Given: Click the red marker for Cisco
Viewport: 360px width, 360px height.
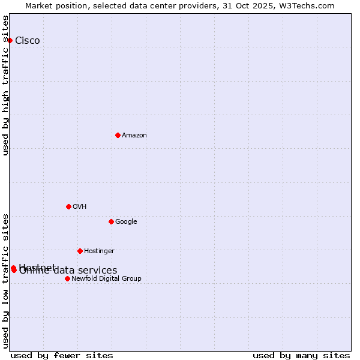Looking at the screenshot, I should pyautogui.click(x=10, y=40).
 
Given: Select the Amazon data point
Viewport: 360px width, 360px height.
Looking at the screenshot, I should pyautogui.click(x=118, y=135).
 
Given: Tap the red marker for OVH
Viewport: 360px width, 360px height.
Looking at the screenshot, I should pyautogui.click(x=68, y=206).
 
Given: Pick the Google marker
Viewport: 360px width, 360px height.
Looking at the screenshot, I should pyautogui.click(x=111, y=221).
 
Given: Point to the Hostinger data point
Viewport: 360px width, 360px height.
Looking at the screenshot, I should pyautogui.click(x=80, y=251).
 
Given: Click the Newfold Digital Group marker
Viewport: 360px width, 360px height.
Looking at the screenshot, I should pyautogui.click(x=67, y=278).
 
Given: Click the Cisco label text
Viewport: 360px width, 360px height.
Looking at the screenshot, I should pyautogui.click(x=28, y=41).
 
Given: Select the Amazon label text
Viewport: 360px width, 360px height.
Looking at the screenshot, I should pyautogui.click(x=134, y=136).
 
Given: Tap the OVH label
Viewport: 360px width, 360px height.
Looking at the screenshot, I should pyautogui.click(x=80, y=207).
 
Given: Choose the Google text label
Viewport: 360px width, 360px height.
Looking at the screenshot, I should pyautogui.click(x=126, y=222).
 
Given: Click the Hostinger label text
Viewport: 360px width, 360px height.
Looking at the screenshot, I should pyautogui.click(x=99, y=251).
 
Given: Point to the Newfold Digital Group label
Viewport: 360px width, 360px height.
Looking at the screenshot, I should pyautogui.click(x=106, y=279).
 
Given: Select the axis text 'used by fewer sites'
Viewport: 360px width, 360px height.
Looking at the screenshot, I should pyautogui.click(x=62, y=356).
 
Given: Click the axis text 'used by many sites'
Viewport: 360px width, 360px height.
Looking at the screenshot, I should pyautogui.click(x=301, y=356).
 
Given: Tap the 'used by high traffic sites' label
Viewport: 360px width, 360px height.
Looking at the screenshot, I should pyautogui.click(x=5, y=85).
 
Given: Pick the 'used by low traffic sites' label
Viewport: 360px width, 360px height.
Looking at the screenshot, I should pyautogui.click(x=5, y=281).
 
